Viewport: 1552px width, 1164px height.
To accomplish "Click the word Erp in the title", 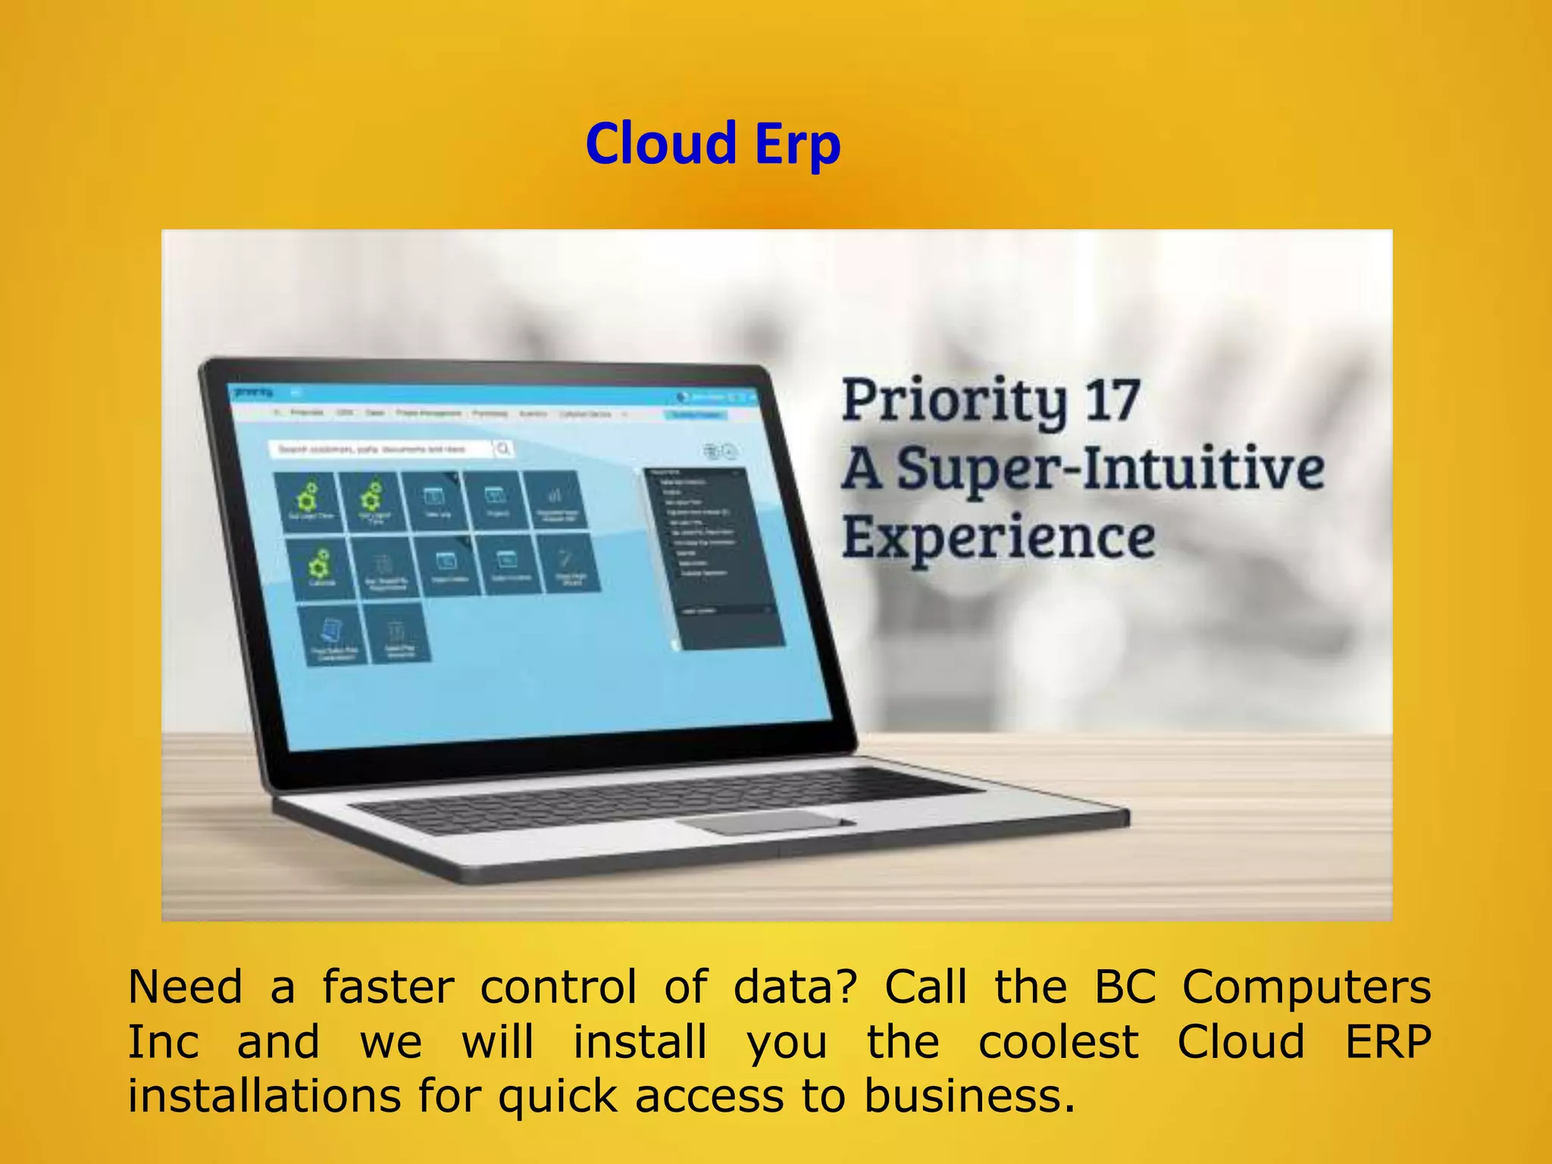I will pyautogui.click(x=797, y=145).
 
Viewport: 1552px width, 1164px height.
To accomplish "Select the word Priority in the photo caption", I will pyautogui.click(x=954, y=402).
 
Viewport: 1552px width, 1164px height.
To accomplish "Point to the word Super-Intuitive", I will pyautogui.click(x=1109, y=469).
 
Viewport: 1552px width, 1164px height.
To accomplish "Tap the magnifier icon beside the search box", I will pyautogui.click(x=503, y=449).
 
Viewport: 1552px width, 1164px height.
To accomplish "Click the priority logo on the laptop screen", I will pyautogui.click(x=253, y=392).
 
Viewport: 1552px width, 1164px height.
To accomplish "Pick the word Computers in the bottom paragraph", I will pyautogui.click(x=1306, y=987).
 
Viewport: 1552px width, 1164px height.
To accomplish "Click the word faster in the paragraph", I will pyautogui.click(x=388, y=987).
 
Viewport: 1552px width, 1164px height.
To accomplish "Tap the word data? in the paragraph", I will pyautogui.click(x=795, y=987).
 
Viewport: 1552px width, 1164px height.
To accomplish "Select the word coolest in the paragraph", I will pyautogui.click(x=1058, y=1042).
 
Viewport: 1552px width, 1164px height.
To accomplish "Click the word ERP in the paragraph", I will pyautogui.click(x=1388, y=1042).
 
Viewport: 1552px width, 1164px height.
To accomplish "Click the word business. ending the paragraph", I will pyautogui.click(x=969, y=1097).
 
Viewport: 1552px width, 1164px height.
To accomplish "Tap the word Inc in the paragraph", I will pyautogui.click(x=163, y=1042).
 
